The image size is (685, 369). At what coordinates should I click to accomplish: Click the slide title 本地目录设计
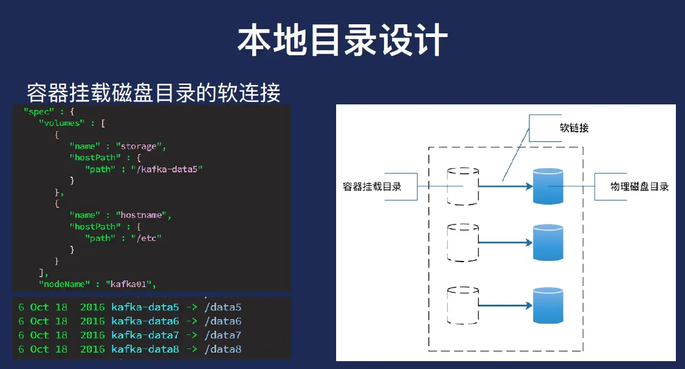tap(342, 40)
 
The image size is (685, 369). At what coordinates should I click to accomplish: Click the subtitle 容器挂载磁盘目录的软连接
tap(153, 93)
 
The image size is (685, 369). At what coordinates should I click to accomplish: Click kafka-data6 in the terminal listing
tap(145, 321)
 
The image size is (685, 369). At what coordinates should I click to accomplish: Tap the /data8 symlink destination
tap(223, 349)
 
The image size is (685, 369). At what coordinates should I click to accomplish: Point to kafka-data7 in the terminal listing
tap(145, 335)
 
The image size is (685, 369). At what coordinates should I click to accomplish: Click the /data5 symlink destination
tap(223, 307)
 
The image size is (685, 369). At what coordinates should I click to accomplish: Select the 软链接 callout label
tap(574, 128)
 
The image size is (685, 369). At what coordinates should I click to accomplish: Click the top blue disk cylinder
tap(548, 186)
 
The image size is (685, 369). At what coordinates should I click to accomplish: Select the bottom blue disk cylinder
tap(548, 305)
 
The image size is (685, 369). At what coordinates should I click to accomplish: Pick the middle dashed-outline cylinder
tap(463, 242)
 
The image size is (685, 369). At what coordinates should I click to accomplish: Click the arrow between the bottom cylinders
tap(504, 305)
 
